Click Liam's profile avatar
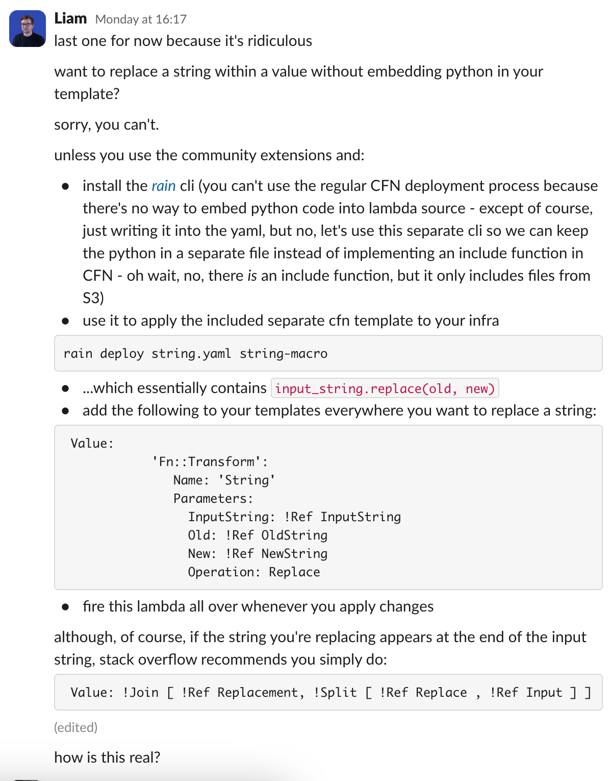(28, 29)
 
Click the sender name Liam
(70, 18)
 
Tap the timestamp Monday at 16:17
(141, 19)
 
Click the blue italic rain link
(163, 186)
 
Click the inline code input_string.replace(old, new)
(385, 388)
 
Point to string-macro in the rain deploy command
(284, 353)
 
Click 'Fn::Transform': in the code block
(210, 461)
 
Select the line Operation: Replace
(254, 572)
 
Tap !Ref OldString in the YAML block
(276, 535)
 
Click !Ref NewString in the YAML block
(276, 553)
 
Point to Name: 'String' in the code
(224, 480)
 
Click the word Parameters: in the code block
(213, 498)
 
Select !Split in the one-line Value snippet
(335, 692)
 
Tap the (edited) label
(75, 727)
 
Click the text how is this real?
(107, 757)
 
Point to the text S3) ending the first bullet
(93, 298)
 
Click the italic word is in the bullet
(252, 276)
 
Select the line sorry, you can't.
(107, 125)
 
